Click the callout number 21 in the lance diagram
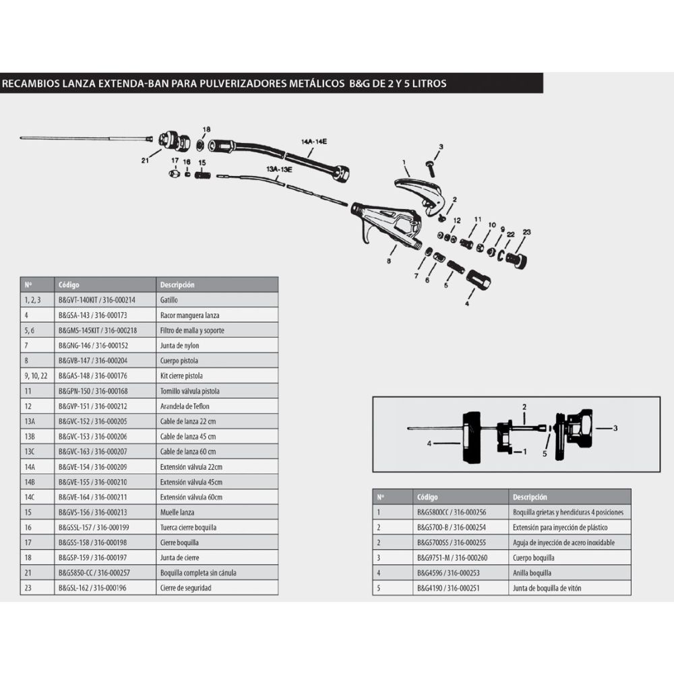click(144, 160)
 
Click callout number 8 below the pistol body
click(389, 259)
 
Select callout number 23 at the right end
click(526, 232)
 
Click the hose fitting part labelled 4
click(479, 278)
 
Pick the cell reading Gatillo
click(169, 300)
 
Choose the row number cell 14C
click(30, 497)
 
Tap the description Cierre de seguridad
click(185, 588)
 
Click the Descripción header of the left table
click(177, 284)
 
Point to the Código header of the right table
click(427, 497)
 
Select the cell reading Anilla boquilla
click(532, 573)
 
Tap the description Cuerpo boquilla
click(533, 557)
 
